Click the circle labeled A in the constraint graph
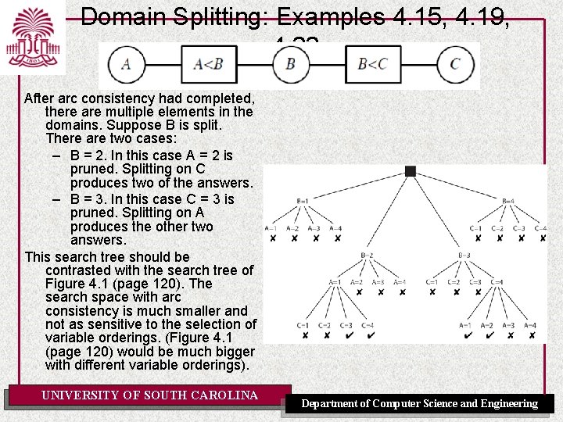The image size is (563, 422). pyautogui.click(x=126, y=64)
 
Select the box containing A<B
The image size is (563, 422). pyautogui.click(x=209, y=64)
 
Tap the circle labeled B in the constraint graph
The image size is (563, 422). pyautogui.click(x=290, y=64)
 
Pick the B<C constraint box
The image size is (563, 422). pyautogui.click(x=372, y=64)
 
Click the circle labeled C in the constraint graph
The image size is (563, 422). pyautogui.click(x=455, y=64)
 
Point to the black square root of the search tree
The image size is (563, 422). pyautogui.click(x=411, y=171)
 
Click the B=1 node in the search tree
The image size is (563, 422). pyautogui.click(x=303, y=201)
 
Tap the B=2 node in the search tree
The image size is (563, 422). pyautogui.click(x=367, y=255)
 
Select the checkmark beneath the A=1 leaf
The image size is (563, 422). pyautogui.click(x=467, y=336)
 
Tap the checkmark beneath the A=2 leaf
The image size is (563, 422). pyautogui.click(x=488, y=336)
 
